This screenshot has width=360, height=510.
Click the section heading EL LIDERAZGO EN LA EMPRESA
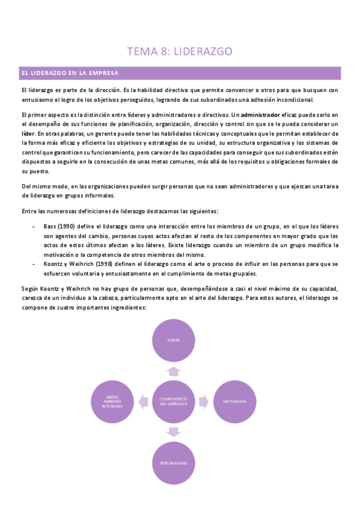(x=69, y=73)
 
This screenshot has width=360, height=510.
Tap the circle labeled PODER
(x=173, y=340)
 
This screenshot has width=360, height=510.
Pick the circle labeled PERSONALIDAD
(x=173, y=462)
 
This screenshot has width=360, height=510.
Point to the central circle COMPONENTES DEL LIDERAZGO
(x=173, y=401)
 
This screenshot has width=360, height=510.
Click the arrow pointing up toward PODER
(x=173, y=371)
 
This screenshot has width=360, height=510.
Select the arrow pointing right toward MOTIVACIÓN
(x=204, y=401)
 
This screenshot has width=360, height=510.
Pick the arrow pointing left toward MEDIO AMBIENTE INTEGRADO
(x=143, y=401)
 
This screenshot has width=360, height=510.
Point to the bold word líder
(x=27, y=134)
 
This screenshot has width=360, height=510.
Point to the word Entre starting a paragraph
(x=29, y=211)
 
